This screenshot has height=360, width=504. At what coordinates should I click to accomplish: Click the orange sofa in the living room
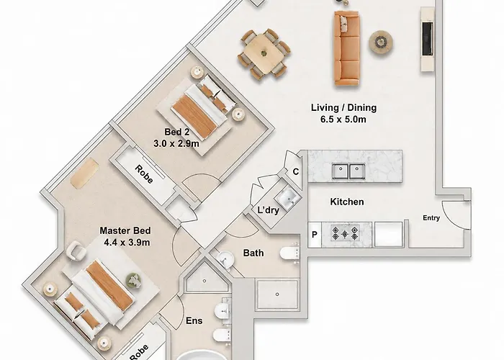coord(346,48)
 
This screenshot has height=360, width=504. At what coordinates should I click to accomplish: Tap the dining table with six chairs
coord(264,54)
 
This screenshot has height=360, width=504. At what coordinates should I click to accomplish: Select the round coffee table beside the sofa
coord(381,42)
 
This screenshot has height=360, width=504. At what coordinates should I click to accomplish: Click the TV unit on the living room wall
coord(428,39)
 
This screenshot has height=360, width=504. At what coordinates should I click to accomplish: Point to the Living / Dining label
coord(343,108)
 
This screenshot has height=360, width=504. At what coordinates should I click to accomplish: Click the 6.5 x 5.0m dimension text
coord(343,120)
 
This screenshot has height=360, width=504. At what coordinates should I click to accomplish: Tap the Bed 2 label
coord(177,132)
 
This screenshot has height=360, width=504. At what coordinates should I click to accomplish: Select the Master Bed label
coord(125,230)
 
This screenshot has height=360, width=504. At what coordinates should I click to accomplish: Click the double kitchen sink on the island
coord(348,171)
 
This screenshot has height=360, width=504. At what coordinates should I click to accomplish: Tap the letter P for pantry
coord(315,235)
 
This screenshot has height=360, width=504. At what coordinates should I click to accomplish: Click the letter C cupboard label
coord(296,171)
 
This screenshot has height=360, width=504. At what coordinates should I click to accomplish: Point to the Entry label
coord(431,218)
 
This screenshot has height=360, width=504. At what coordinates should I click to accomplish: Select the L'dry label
coord(269,210)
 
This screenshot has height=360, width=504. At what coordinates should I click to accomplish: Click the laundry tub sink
coord(289,198)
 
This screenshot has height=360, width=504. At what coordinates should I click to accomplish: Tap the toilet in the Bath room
coord(290,253)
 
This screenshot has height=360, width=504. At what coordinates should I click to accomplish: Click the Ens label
coord(194,320)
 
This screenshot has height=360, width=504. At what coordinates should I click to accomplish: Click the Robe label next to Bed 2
coord(144,174)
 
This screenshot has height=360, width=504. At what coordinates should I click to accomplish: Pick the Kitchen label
coord(347,202)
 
